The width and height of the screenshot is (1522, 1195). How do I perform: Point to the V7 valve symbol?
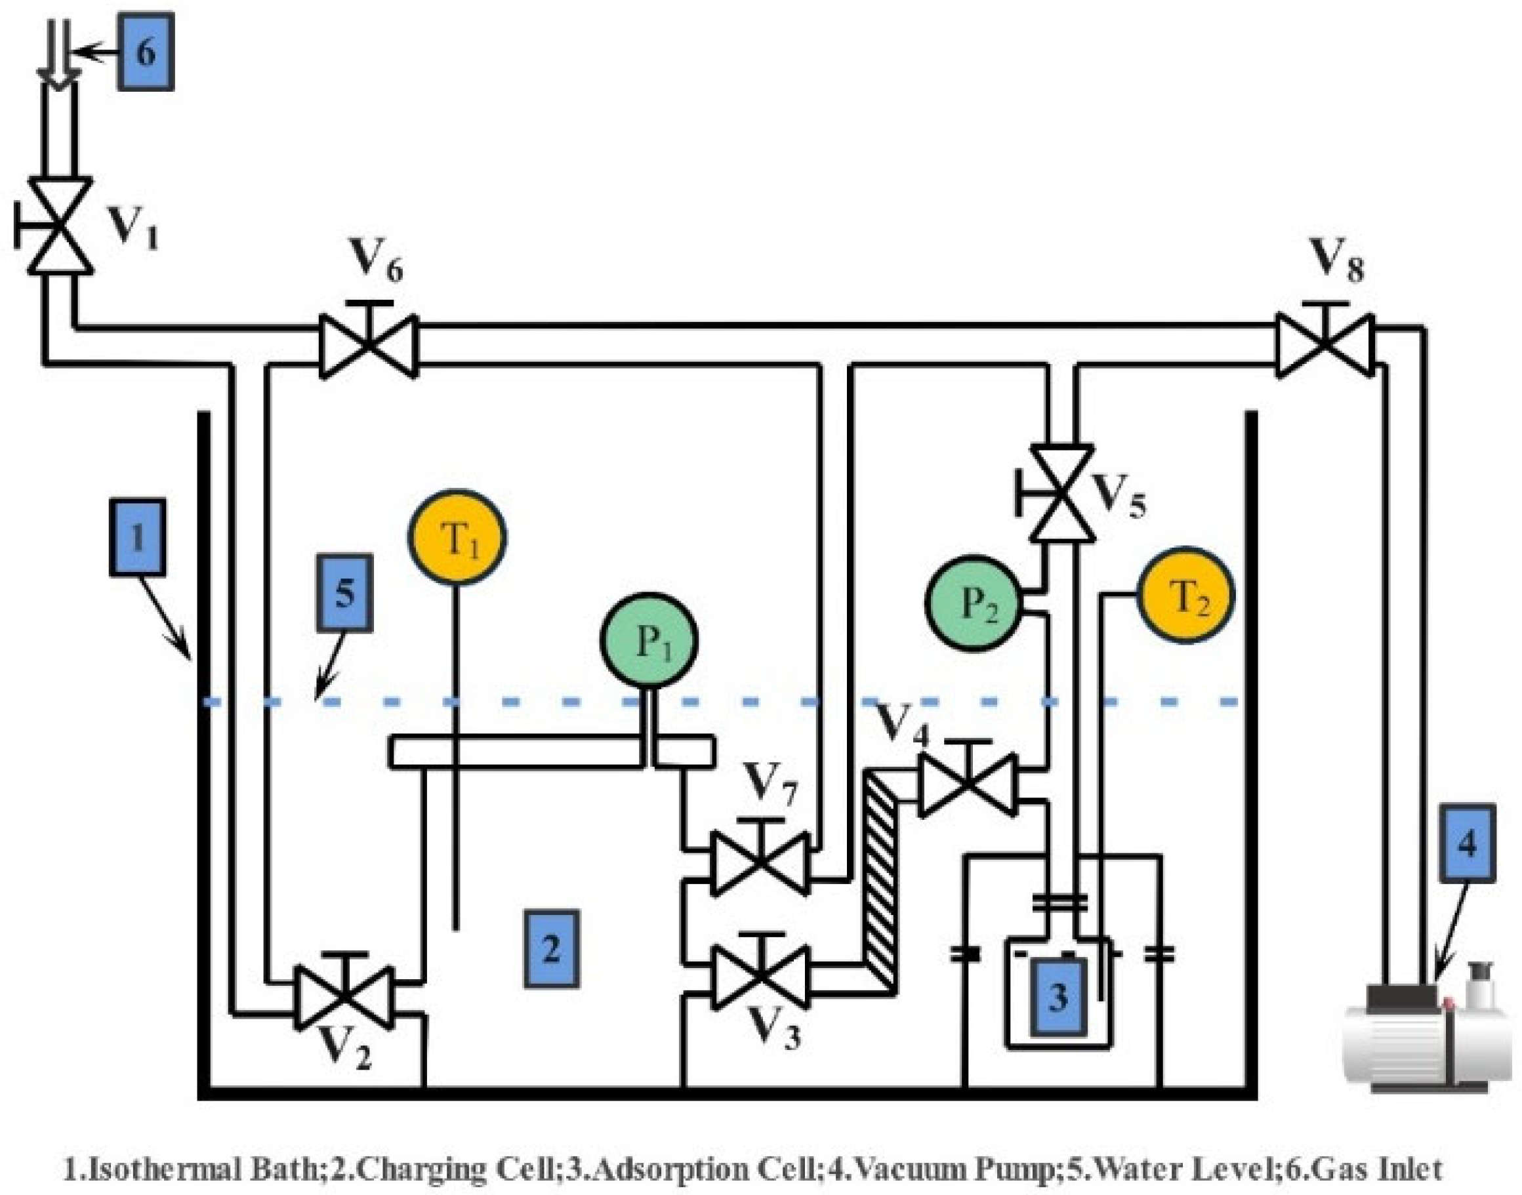pos(760,863)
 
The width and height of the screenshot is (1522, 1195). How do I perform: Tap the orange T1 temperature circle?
pos(458,537)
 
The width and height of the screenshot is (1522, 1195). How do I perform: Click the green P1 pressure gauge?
pos(649,641)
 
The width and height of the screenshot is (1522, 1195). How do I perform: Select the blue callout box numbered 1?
pos(138,537)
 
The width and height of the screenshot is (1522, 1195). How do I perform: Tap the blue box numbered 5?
pos(344,593)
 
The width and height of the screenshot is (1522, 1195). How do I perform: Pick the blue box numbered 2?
pos(552,949)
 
